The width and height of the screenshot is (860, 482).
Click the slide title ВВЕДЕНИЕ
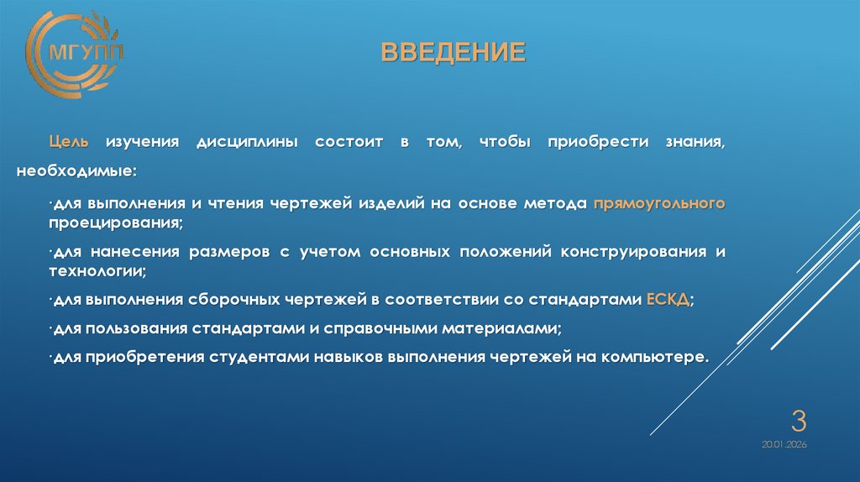(454, 53)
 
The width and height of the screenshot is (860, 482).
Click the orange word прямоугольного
(659, 203)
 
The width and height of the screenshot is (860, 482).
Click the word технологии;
(97, 272)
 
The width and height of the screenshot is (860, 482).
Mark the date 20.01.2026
(784, 444)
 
